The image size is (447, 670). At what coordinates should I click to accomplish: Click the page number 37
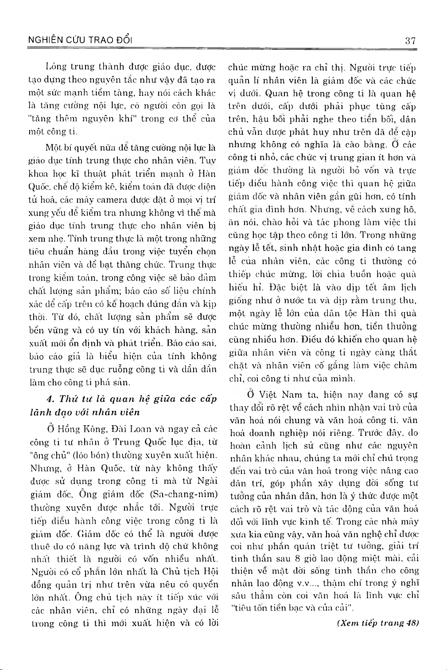click(x=410, y=41)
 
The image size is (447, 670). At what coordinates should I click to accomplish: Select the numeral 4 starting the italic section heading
click(x=51, y=399)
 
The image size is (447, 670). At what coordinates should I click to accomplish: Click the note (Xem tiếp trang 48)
click(x=377, y=623)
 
